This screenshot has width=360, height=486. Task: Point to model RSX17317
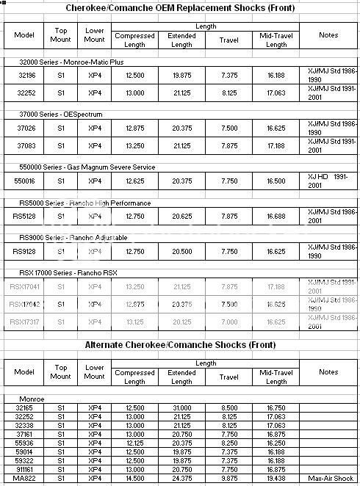pyautogui.click(x=26, y=322)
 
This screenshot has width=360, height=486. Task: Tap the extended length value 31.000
pyautogui.click(x=181, y=407)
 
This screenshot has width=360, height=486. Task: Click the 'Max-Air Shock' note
pyautogui.click(x=328, y=479)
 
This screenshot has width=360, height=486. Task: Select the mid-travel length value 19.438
pyautogui.click(x=276, y=479)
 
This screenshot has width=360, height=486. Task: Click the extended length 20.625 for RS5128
pyautogui.click(x=181, y=216)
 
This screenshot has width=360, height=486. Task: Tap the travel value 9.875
pyautogui.click(x=229, y=479)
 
